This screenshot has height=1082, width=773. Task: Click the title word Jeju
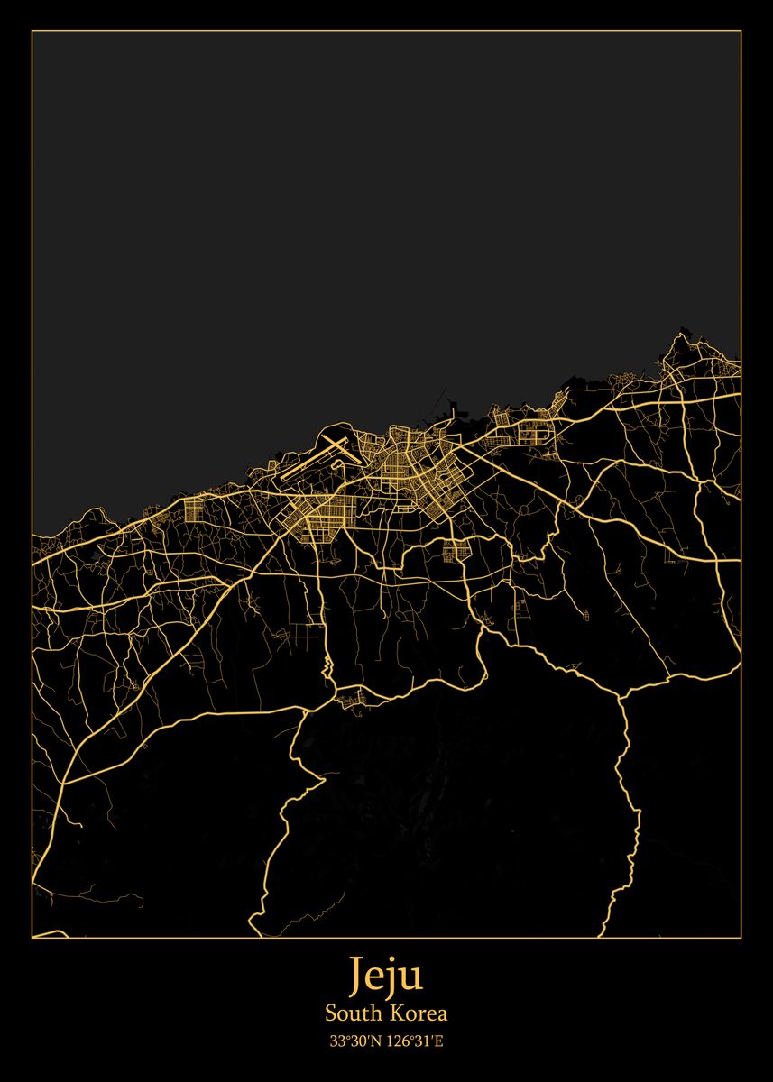(386, 977)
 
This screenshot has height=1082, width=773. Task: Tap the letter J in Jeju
(358, 976)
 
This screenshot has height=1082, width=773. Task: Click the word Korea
(419, 1013)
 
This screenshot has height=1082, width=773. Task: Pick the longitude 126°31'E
(415, 1041)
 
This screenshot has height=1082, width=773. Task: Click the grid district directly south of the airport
(311, 521)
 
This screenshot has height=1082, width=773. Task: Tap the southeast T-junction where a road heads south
(621, 695)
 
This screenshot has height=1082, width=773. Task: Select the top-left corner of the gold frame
(32, 31)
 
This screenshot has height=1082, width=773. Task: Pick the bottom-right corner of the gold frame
(741, 938)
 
